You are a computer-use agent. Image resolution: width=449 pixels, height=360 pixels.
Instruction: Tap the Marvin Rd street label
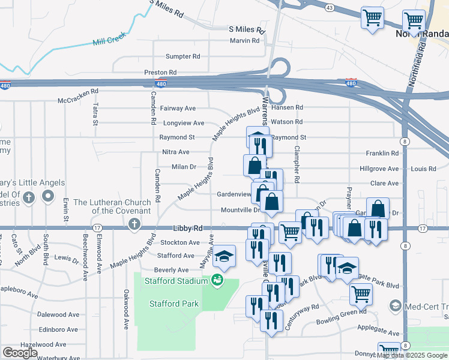point(244,41)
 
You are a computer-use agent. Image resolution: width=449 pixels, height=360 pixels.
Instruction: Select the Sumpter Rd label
point(182,56)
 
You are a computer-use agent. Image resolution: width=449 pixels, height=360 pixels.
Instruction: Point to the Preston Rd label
point(160,72)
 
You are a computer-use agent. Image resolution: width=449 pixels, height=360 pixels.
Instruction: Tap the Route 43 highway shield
point(329,7)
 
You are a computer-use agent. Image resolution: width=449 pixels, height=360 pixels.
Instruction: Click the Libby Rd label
point(188,229)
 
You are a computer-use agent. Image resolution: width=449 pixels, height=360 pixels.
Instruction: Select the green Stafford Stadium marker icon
point(216,280)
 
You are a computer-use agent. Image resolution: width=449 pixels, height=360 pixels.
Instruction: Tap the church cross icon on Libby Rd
point(134,224)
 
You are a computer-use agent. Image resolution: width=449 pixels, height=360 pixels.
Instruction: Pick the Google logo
point(20,353)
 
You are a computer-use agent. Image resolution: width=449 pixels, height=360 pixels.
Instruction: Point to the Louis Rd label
point(424,169)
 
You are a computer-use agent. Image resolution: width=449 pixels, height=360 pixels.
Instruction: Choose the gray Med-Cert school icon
point(395,305)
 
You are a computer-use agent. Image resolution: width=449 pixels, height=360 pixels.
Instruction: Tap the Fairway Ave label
point(178,109)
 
